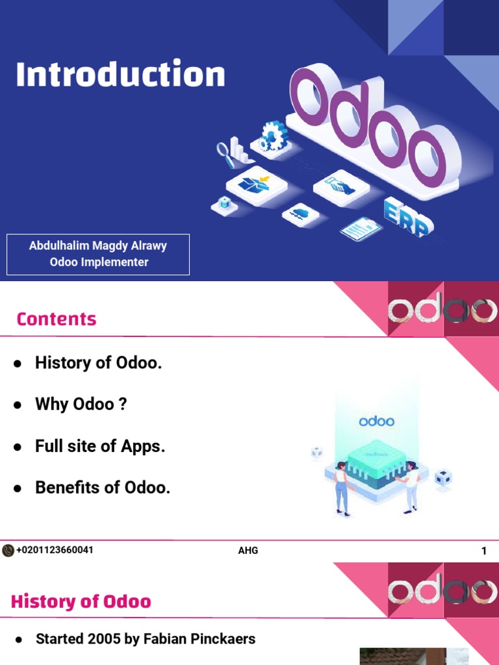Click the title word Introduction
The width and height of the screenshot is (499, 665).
click(x=120, y=75)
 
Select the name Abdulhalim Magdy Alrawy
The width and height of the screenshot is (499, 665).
click(x=98, y=246)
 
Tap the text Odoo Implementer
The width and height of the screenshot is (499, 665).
click(x=99, y=262)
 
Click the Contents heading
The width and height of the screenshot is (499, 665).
click(x=57, y=319)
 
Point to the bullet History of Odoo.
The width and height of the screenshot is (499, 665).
click(x=98, y=363)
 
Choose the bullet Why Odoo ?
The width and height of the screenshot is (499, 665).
click(x=81, y=405)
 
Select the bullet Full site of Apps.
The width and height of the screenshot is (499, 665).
click(x=100, y=447)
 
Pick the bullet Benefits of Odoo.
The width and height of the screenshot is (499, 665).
click(x=103, y=488)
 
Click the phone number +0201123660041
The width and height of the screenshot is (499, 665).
click(x=55, y=550)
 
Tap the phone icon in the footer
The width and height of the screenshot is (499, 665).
click(x=8, y=551)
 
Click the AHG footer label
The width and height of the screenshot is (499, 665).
click(x=248, y=551)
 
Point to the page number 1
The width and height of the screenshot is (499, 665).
click(x=484, y=551)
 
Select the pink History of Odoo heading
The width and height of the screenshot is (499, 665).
click(x=81, y=602)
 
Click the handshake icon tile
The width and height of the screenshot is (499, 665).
click(x=340, y=186)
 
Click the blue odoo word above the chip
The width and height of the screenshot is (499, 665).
click(x=377, y=421)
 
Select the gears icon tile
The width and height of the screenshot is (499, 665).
click(x=272, y=137)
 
